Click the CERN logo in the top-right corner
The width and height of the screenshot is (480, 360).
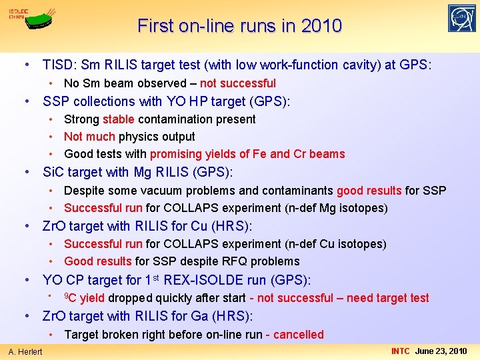[462, 19]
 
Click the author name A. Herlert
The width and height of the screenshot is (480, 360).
[25, 351]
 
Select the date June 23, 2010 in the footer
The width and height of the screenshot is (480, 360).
[441, 351]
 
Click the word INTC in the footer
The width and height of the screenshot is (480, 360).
[401, 351]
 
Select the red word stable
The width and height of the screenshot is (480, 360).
[119, 119]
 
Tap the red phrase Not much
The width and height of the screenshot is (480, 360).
[90, 137]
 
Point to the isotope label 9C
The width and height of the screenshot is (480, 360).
[69, 297]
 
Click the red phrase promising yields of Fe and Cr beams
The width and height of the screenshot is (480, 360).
[247, 154]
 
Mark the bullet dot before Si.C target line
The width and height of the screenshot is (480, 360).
[27, 173]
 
